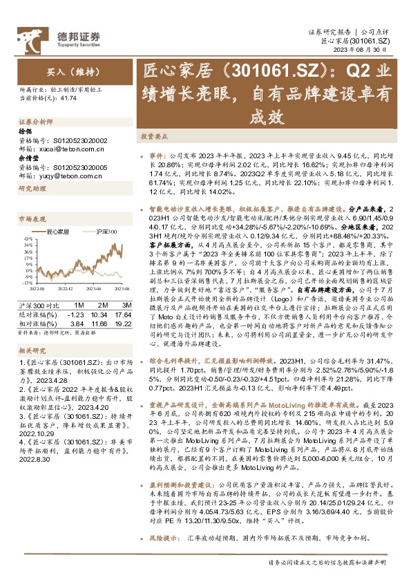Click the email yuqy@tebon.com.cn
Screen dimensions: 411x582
[x=64, y=176]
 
